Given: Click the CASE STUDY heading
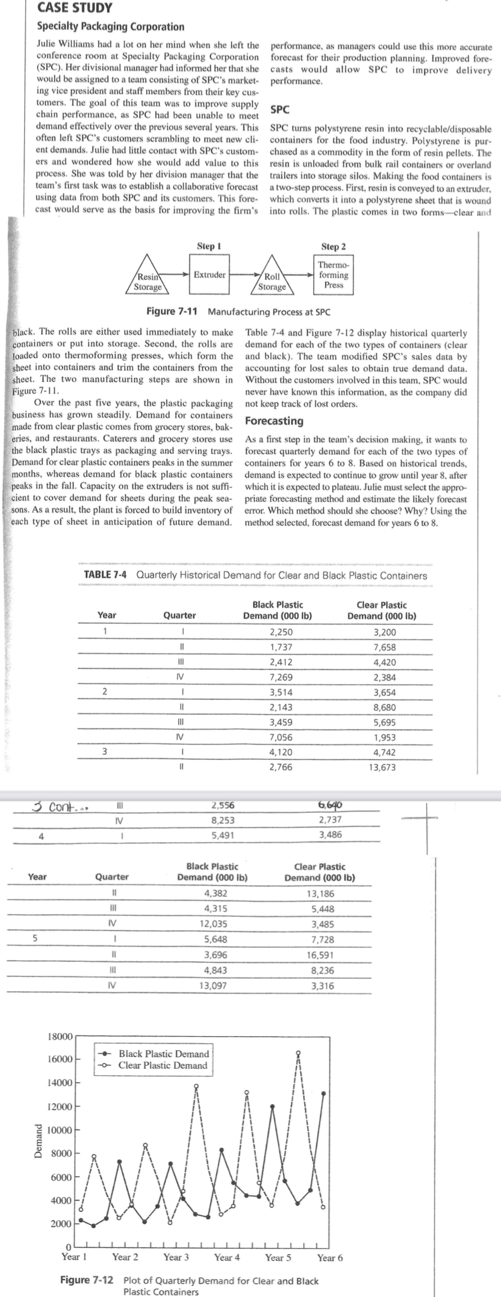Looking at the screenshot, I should (x=74, y=8).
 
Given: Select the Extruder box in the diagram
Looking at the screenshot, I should (x=210, y=275).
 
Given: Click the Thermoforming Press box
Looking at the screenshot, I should (x=333, y=275).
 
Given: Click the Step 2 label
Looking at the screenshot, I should (x=333, y=246).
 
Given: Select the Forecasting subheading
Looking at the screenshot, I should (x=274, y=421).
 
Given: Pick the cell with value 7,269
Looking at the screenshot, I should (x=281, y=677).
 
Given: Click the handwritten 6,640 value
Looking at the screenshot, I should (x=330, y=805).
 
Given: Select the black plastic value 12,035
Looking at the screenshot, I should (x=213, y=923).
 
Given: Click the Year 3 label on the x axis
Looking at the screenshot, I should (x=176, y=1257).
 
